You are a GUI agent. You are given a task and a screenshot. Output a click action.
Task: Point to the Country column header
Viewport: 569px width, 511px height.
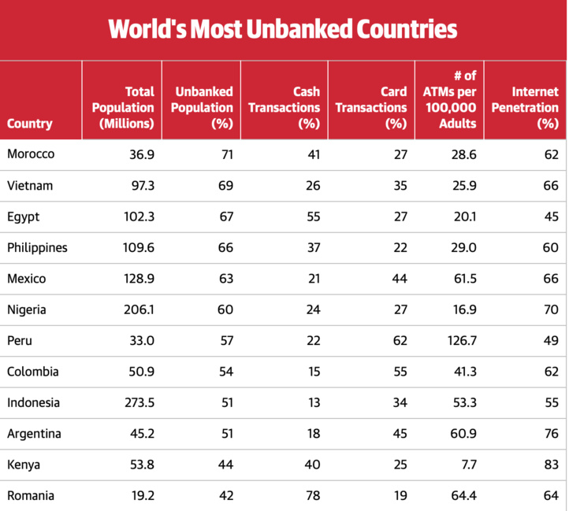[30, 123]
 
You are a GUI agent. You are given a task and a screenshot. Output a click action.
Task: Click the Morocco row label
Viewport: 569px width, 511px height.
[31, 154]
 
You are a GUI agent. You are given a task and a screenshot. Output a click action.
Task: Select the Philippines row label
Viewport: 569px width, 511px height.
[37, 247]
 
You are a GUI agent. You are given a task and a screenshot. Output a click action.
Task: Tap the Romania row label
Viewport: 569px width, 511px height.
[32, 496]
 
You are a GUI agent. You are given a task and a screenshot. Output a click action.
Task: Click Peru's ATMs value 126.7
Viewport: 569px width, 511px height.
[460, 341]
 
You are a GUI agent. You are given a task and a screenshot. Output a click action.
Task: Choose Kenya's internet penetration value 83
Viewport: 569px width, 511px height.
[551, 465]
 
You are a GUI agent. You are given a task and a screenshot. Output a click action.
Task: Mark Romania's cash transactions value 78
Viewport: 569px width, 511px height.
[313, 496]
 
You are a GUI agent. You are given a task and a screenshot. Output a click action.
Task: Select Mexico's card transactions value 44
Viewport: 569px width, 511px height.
[400, 279]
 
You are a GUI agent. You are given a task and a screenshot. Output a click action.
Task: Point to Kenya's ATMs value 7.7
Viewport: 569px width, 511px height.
[467, 465]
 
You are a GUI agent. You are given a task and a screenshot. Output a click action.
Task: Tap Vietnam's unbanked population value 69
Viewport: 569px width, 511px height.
[225, 185]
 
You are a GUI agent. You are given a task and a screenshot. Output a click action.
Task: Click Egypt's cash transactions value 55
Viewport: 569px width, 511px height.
[313, 217]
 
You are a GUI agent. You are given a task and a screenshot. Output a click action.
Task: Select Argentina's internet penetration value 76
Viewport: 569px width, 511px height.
[551, 434]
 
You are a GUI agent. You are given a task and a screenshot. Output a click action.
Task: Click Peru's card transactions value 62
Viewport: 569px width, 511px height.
[400, 341]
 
